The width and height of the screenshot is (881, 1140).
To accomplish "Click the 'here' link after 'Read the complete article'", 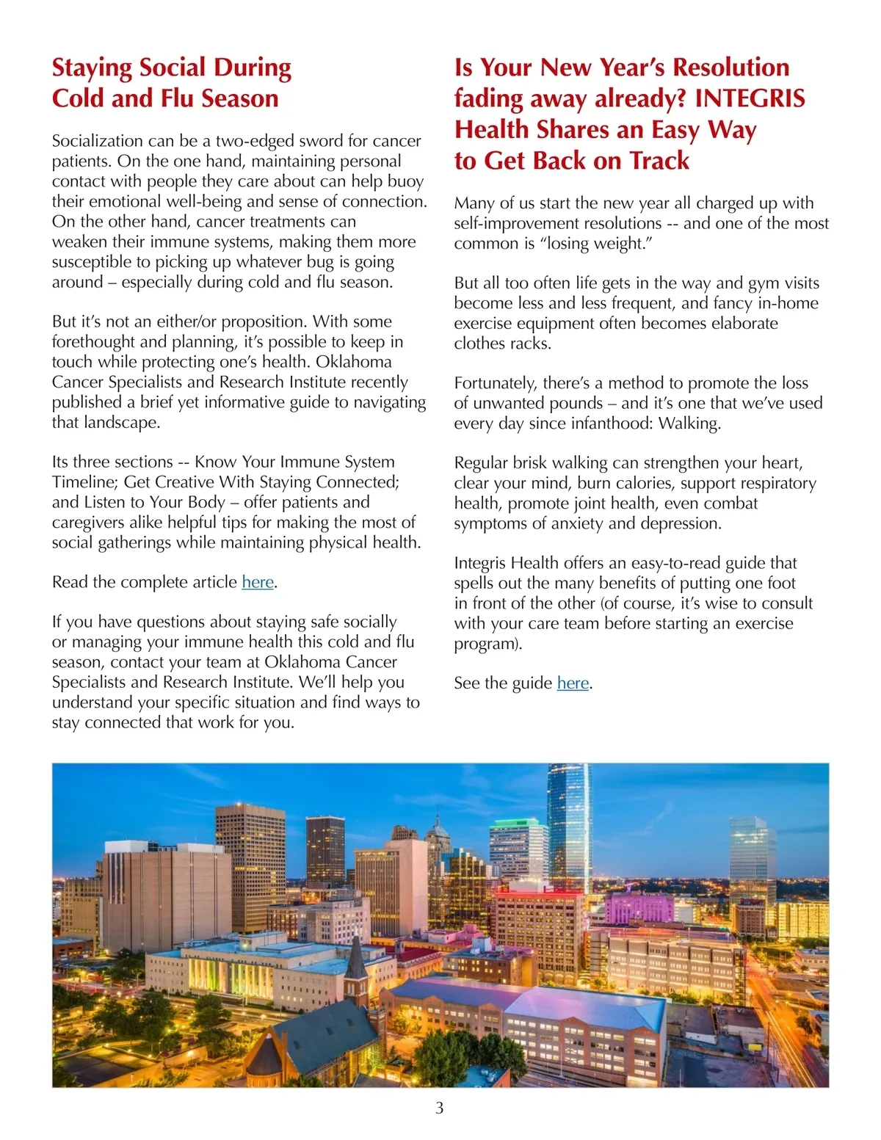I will tap(258, 582).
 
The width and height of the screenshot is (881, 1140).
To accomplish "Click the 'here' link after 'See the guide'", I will tap(573, 683).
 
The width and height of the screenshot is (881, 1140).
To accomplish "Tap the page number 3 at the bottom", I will tap(440, 1108).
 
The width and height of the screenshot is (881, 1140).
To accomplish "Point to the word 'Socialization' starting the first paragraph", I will tap(98, 141).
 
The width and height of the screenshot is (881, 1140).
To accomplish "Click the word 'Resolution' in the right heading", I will tap(730, 68).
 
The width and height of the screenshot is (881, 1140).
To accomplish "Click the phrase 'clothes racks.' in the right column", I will tap(502, 344).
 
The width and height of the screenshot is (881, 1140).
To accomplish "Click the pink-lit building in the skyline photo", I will tap(637, 908).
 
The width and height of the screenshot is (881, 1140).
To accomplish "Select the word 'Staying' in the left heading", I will tap(92, 68).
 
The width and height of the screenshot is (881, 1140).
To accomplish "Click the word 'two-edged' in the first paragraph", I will tap(251, 141).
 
